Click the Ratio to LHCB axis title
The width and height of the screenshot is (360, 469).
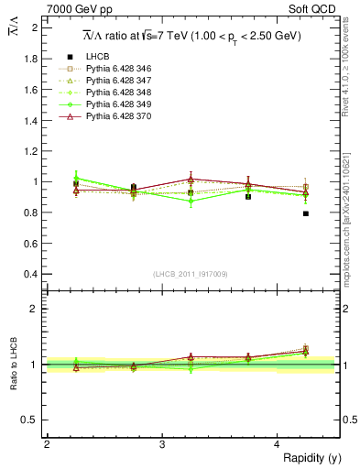[13, 365]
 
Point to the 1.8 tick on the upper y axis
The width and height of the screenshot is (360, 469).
[30, 59]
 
